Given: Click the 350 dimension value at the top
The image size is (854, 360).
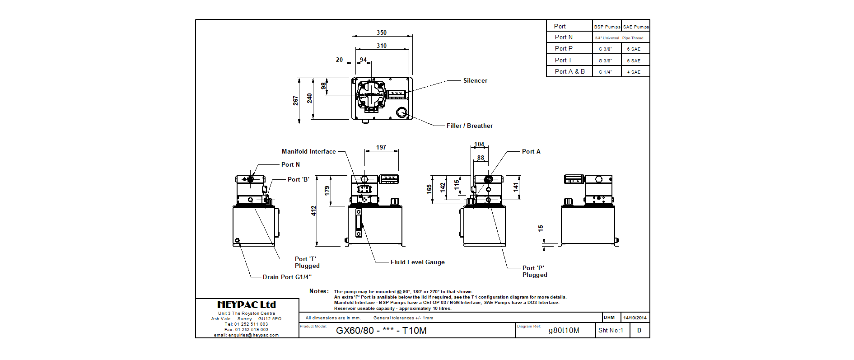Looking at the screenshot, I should coord(382,33).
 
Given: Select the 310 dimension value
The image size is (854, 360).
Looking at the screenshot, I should coord(382,46).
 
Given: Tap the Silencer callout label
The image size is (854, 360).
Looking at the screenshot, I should coord(475,81).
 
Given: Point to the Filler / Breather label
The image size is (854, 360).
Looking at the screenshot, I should coord(469,126).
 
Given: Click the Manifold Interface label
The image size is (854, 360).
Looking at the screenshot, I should coord(308,152).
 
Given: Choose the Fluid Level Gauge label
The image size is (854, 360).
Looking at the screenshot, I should coord(417,262).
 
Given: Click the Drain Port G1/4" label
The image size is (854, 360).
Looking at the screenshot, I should coord(287,277).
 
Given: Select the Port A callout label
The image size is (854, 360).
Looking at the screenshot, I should coord(531,152).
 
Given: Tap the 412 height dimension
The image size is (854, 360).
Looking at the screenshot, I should coord(313,210).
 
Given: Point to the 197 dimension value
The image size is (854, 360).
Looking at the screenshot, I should coord(381,147).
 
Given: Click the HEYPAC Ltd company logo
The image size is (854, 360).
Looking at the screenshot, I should coord(247,305).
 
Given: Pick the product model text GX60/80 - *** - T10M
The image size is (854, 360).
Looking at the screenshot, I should coord(381,331).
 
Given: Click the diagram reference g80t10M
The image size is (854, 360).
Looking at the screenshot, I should coord(564,331).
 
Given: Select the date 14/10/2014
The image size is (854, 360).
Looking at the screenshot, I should coord(635,318).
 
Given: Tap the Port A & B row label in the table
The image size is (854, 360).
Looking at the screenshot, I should coord(569,72).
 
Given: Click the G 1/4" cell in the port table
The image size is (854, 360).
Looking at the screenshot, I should coord(605,72).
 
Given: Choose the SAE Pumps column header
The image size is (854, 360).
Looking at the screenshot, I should coord(635,27).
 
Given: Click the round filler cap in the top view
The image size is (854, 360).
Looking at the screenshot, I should coord(401,112).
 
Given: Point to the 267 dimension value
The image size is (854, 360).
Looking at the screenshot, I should coord(295,100).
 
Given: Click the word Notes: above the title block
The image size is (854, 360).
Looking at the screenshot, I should coord(319,291).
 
